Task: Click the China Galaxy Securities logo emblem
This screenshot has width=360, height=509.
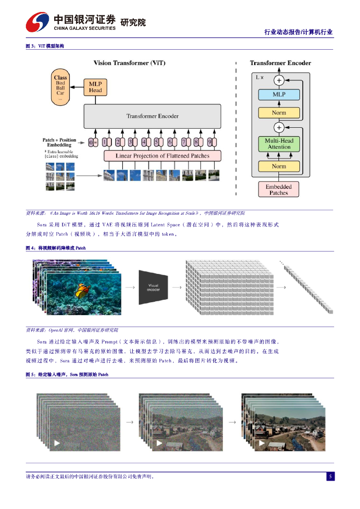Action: click(x=37, y=21)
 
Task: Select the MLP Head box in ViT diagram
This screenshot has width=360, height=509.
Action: click(x=95, y=87)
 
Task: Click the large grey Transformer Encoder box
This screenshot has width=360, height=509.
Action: click(x=152, y=116)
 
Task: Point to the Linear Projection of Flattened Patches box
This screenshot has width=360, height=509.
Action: click(x=162, y=156)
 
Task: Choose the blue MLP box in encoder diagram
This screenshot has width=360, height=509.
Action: click(x=279, y=94)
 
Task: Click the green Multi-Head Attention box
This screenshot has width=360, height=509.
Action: click(x=279, y=144)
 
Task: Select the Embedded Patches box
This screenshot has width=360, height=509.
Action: click(x=278, y=189)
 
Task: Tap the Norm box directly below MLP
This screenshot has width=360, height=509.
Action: click(x=279, y=112)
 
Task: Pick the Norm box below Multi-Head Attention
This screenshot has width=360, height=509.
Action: click(x=279, y=167)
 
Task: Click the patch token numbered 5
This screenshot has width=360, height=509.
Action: click(x=157, y=142)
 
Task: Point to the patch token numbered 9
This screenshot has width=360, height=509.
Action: click(x=210, y=142)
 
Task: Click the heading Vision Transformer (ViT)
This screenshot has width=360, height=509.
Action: click(x=130, y=63)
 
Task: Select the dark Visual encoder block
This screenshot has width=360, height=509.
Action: click(x=153, y=287)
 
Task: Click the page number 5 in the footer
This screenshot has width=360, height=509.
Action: click(x=330, y=477)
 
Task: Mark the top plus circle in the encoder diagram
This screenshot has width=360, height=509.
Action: click(x=279, y=80)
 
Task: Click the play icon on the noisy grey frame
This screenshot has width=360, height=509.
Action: click(x=57, y=443)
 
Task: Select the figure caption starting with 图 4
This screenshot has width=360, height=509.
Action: click(x=56, y=248)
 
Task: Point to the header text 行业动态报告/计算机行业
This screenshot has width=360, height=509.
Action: click(x=298, y=32)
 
